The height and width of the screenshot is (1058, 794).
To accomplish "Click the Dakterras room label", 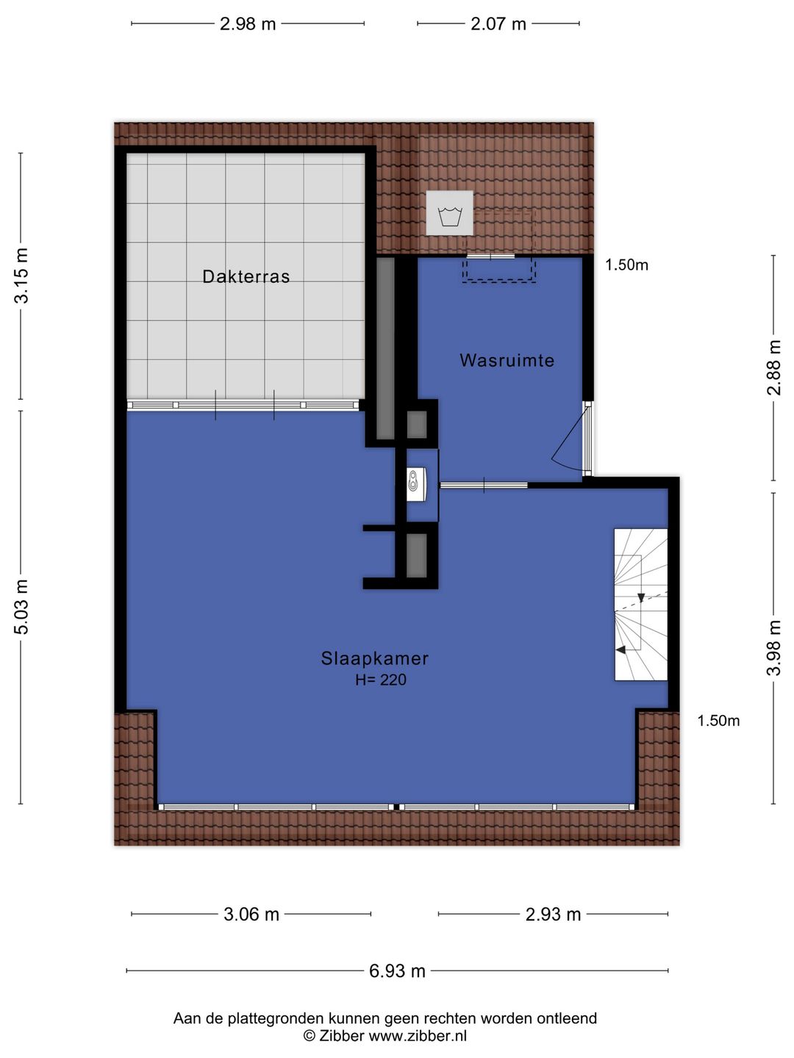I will [x=246, y=277].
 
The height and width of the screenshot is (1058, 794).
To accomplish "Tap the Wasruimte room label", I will [x=507, y=361].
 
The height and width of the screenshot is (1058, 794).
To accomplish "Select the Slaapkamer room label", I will [x=374, y=658].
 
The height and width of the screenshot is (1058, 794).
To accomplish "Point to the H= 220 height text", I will [x=381, y=680].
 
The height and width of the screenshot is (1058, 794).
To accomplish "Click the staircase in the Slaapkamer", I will [x=640, y=604].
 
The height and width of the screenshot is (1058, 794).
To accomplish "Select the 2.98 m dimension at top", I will [x=248, y=24].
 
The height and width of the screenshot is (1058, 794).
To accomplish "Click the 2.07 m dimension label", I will [x=498, y=24].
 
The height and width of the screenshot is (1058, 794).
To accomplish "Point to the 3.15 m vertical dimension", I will [x=23, y=276].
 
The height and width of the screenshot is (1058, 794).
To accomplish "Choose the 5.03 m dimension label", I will [x=23, y=607].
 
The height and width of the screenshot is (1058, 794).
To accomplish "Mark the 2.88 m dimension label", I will [x=774, y=367].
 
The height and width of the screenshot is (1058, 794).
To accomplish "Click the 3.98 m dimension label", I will [x=774, y=648].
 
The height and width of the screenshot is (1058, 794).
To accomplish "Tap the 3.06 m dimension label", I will [x=251, y=915].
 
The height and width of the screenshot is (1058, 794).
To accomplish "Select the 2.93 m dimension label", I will [x=553, y=915].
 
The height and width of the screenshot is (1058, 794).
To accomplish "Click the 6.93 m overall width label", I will [x=397, y=971].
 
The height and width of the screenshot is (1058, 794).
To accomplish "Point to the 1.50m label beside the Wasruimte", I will [x=626, y=265].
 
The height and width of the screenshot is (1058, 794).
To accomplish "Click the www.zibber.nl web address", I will [x=417, y=1037].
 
